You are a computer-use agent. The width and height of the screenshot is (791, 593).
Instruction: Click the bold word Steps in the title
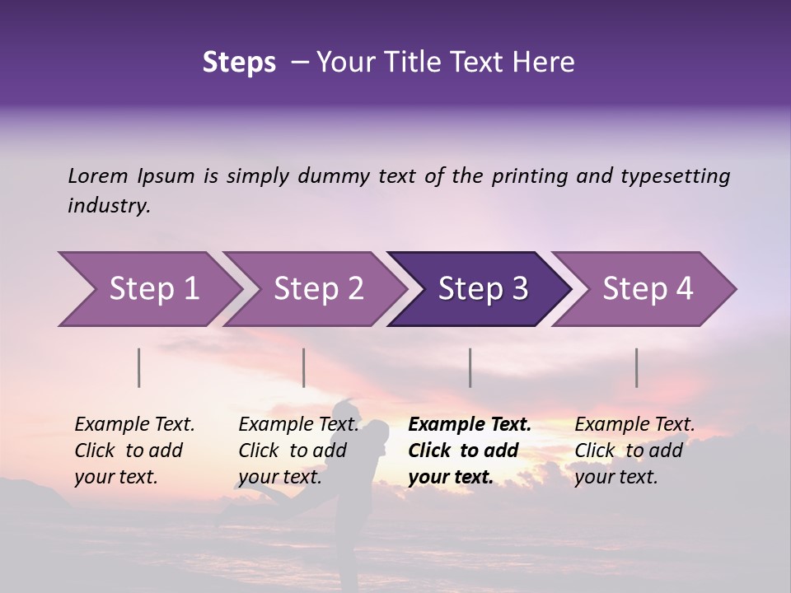[x=239, y=63]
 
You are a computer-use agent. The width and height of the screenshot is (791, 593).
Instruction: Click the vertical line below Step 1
[x=139, y=367]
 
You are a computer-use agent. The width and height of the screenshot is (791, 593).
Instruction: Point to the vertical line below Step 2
[x=304, y=367]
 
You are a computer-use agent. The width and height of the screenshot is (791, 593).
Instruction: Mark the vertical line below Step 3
[x=470, y=367]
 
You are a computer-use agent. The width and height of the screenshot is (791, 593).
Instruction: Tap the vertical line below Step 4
[x=636, y=367]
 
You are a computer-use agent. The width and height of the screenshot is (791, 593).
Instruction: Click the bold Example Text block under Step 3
[x=470, y=451]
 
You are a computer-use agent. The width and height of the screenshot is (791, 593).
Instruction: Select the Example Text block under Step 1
[x=134, y=451]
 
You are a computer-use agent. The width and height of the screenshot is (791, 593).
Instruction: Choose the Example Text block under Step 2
[x=298, y=451]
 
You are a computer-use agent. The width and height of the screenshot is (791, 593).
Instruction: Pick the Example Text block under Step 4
[x=634, y=451]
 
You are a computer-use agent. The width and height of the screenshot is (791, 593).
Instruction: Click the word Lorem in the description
[x=98, y=175]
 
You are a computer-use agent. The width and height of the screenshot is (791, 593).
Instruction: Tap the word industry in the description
[x=109, y=205]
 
